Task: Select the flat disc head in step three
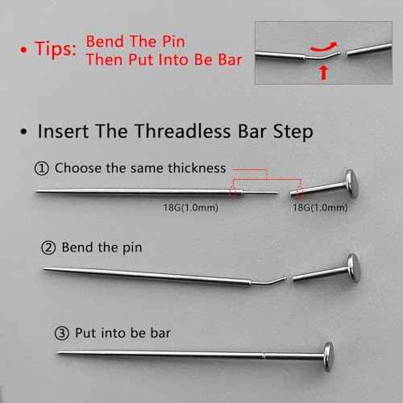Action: pos(328,352)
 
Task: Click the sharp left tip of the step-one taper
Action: pos(37,191)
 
